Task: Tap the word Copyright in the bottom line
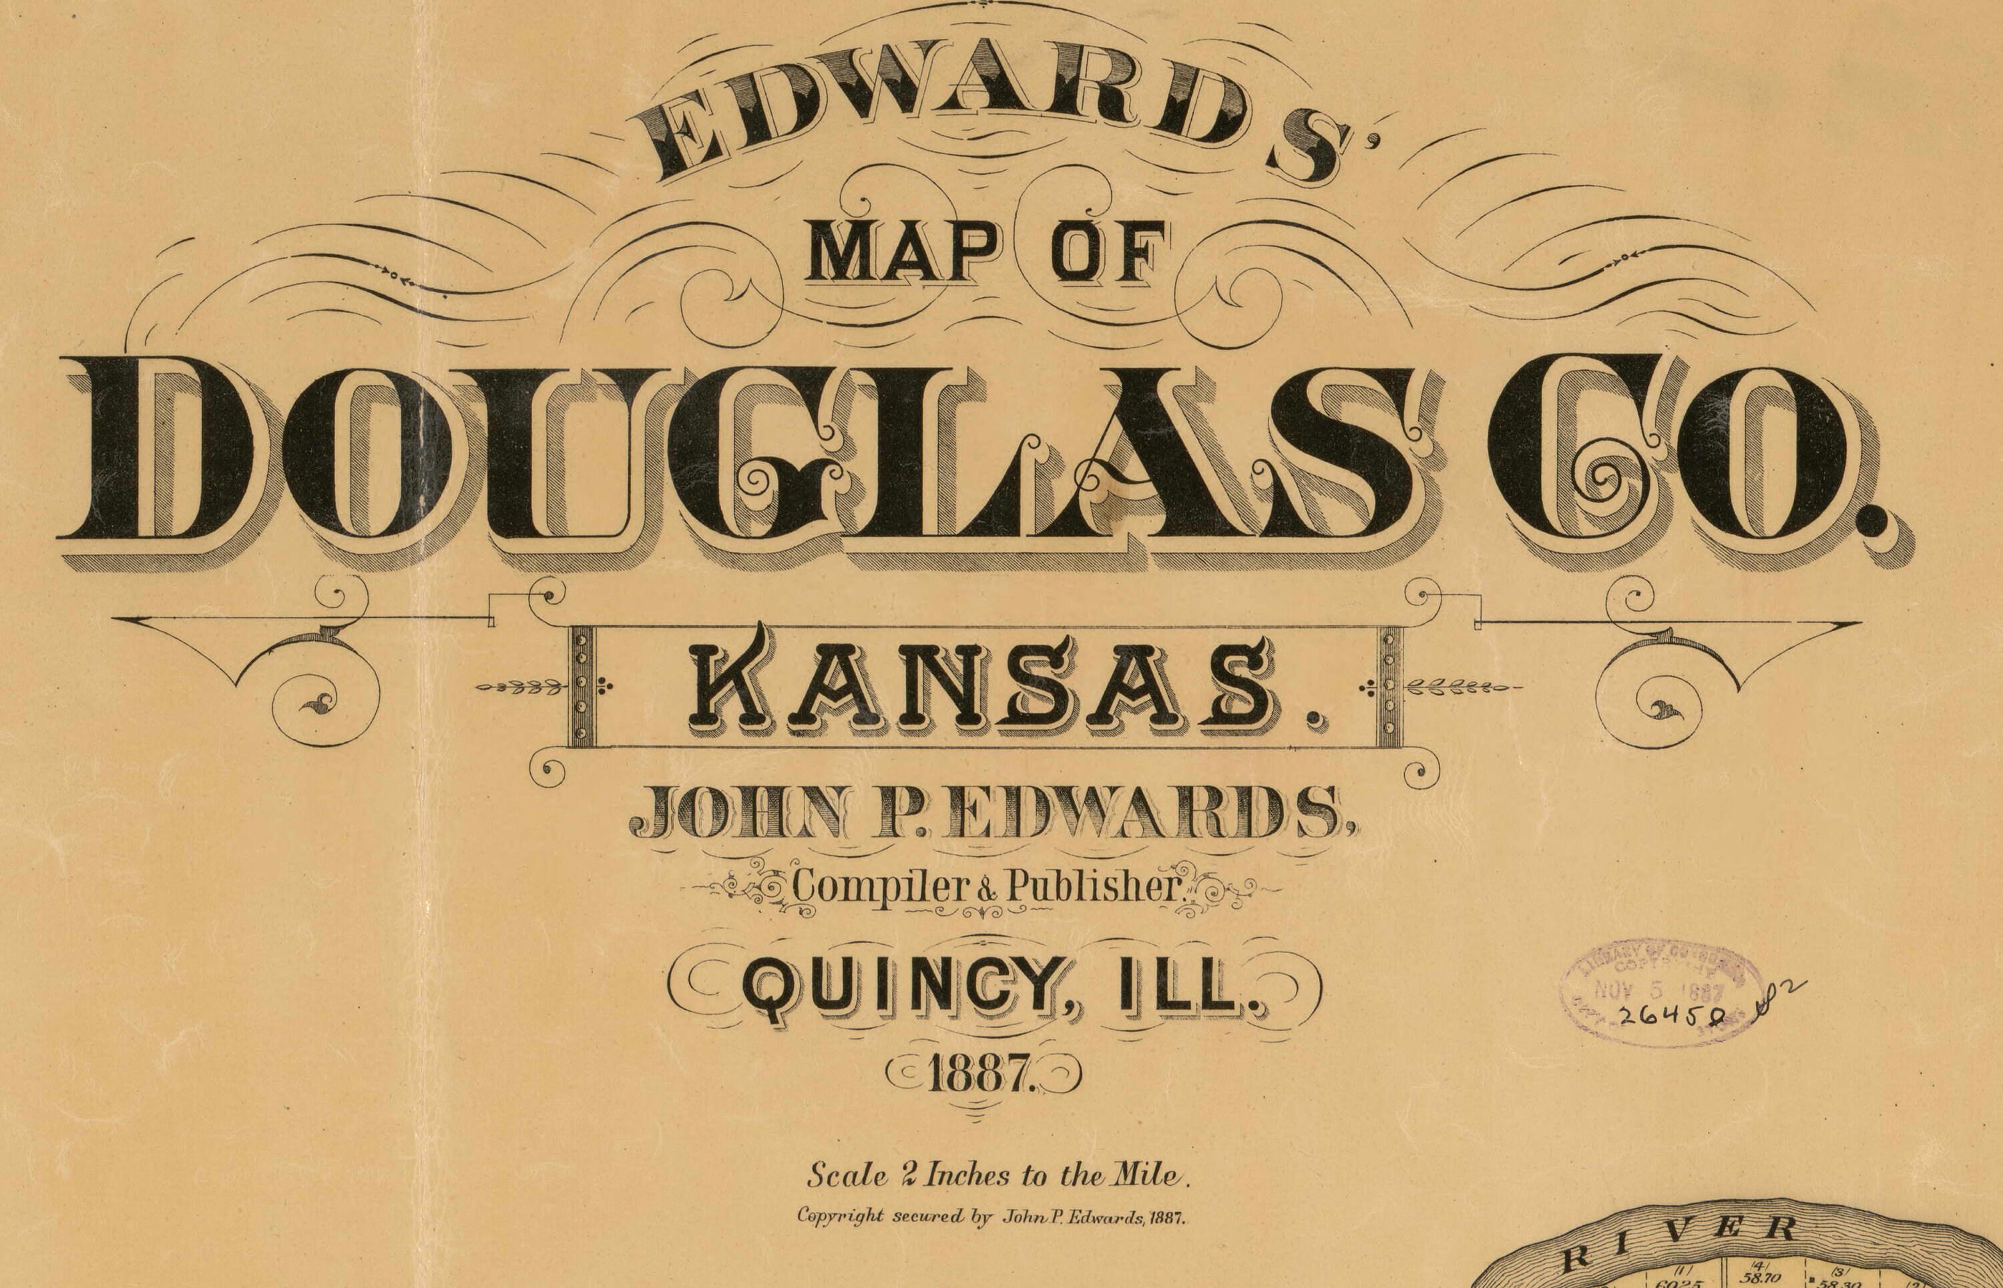pyautogui.click(x=841, y=1216)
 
